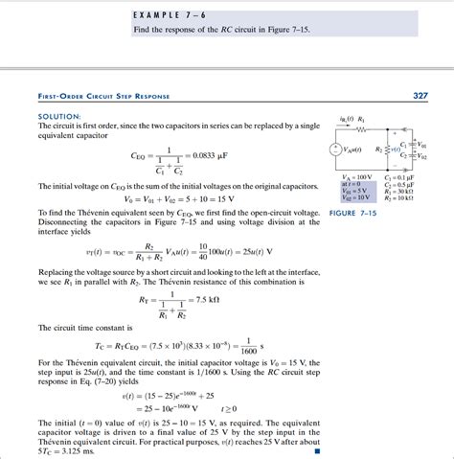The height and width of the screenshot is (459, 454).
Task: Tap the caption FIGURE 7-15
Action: pos(355,212)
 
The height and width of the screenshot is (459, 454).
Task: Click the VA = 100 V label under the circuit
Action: pos(358,177)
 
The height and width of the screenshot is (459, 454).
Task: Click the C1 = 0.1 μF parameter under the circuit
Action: pos(401,177)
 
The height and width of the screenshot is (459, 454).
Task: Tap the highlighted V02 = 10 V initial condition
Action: pos(358,197)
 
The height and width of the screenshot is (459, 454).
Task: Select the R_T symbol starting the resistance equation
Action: pos(146,299)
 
